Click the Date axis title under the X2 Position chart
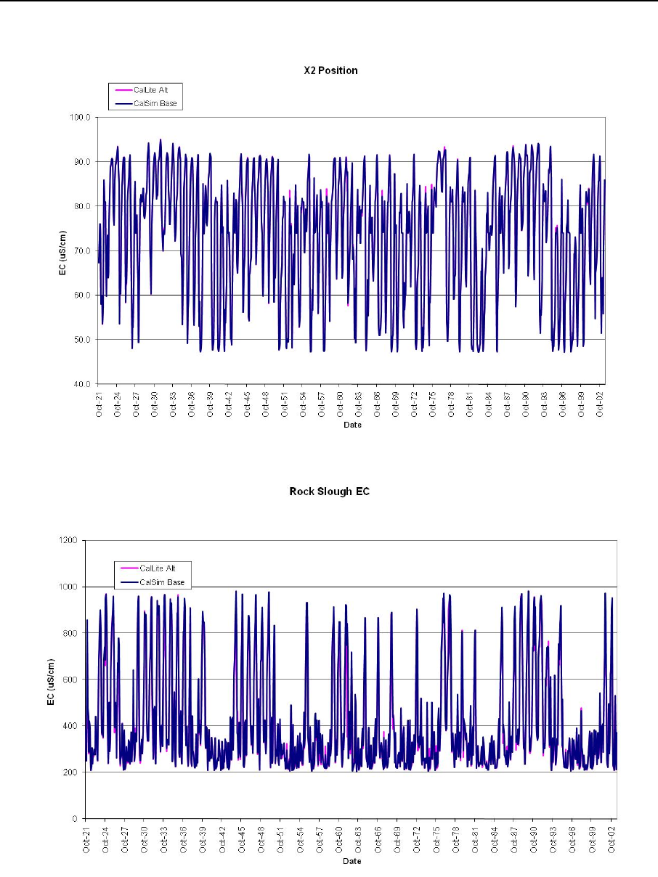[352, 425]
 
